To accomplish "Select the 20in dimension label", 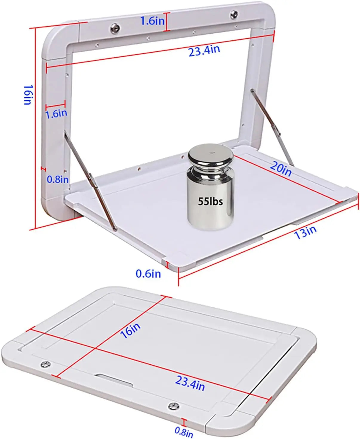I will [281, 169].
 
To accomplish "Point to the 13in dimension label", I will [305, 232].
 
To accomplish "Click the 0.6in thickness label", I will [148, 274].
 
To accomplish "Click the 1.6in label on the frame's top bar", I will [152, 21].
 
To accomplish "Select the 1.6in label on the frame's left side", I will [56, 113].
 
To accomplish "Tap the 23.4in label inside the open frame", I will [204, 50].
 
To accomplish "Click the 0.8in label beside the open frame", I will [58, 179].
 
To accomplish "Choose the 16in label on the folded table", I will [130, 330].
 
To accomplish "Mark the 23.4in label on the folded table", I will [190, 383].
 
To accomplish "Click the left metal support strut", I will [90, 182].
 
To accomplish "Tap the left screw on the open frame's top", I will [115, 28].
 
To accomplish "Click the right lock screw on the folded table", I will [173, 406].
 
